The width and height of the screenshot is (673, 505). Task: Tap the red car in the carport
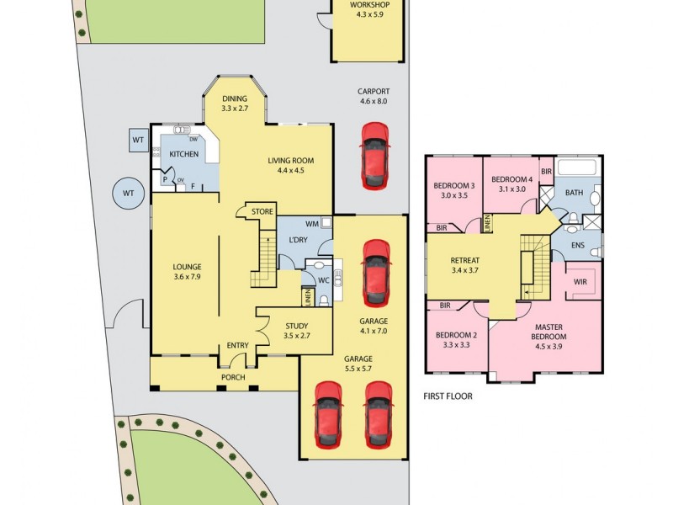coord(374,156)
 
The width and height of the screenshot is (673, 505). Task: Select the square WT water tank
coord(138,140)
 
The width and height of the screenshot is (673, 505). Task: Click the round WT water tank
coord(128,194)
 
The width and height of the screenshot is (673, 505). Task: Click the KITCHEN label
coord(184,154)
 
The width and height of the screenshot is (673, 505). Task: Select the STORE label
coord(262,211)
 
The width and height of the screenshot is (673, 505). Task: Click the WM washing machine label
coord(312,224)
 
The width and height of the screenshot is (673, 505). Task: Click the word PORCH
coord(233,377)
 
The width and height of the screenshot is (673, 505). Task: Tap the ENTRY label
coord(238,346)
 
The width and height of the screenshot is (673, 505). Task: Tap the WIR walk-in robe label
coord(580,282)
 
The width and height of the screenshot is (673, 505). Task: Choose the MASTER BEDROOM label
coord(549,331)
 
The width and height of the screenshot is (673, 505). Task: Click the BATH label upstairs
coord(574,193)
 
